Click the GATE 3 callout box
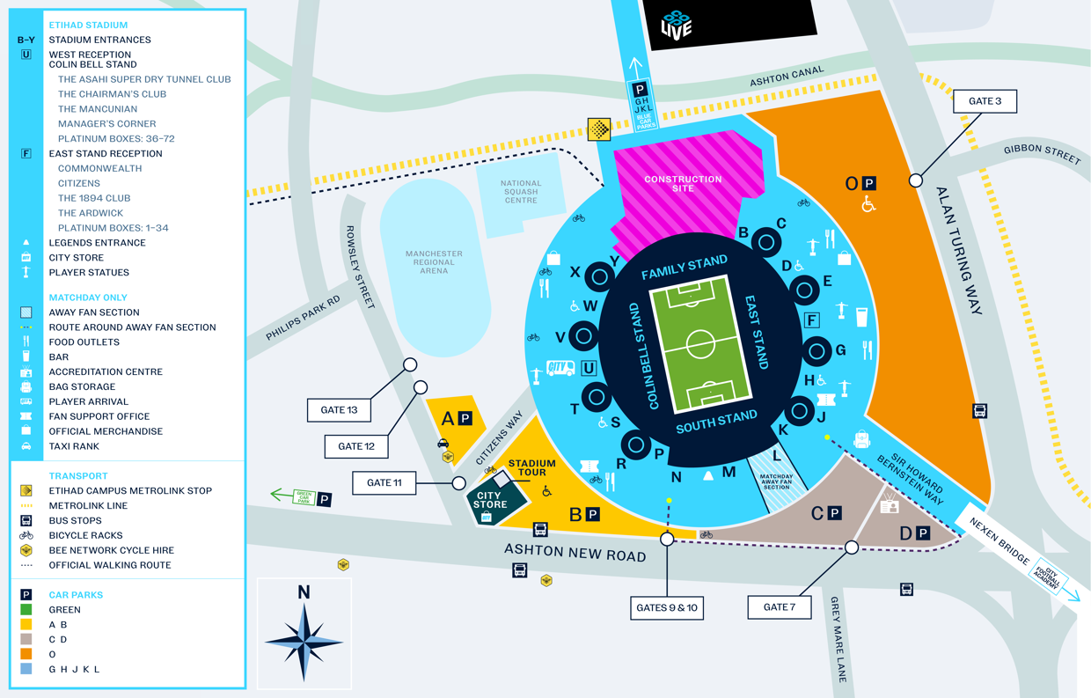(x=985, y=101)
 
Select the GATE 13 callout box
(x=339, y=410)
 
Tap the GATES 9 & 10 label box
(x=667, y=607)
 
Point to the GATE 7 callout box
(x=780, y=607)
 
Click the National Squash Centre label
(x=521, y=192)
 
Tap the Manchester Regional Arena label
(x=434, y=262)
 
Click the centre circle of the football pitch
(x=700, y=344)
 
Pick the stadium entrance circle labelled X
(x=599, y=276)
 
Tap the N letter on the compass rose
(x=304, y=592)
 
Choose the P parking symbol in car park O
(x=869, y=183)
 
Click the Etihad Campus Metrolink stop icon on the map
(x=599, y=129)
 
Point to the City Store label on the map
(x=489, y=500)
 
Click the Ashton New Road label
(x=575, y=554)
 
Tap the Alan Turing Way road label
(x=960, y=251)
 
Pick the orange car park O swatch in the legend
(x=26, y=654)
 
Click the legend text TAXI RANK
(x=74, y=446)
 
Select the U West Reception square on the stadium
(x=589, y=368)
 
